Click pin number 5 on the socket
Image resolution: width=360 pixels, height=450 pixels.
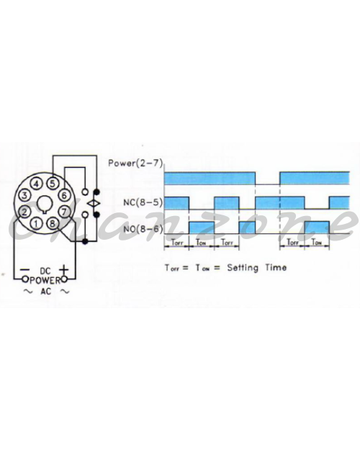[x=53, y=184]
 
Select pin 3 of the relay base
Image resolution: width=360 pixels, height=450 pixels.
[x=24, y=196]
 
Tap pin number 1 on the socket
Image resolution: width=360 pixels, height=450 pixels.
[x=36, y=224]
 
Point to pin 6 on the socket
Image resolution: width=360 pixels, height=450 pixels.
[x=64, y=196]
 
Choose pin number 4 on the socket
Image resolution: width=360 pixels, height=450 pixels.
[x=36, y=184]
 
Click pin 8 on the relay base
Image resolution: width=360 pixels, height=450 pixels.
[x=53, y=224]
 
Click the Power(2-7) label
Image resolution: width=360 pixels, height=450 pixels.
[x=135, y=163]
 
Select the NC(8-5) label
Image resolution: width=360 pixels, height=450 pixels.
[x=143, y=202]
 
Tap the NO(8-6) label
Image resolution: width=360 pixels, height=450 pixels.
[x=143, y=229]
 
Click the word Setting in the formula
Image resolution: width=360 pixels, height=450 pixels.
[x=243, y=268]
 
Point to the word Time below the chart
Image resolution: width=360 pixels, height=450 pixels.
[x=276, y=267]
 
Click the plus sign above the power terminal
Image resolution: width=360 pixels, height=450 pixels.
[x=64, y=270]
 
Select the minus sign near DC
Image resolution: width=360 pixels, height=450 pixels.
[x=24, y=270]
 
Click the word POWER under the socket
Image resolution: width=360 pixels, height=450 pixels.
[x=45, y=280]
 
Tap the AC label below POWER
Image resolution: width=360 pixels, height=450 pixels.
[x=45, y=292]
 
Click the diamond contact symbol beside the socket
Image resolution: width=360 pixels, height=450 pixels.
[x=94, y=204]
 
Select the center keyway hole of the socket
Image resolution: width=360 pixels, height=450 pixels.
[x=45, y=204]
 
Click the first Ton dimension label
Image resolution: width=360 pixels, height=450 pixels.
[x=201, y=243]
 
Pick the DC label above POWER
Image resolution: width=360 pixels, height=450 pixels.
[x=45, y=271]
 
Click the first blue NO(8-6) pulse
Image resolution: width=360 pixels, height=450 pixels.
[x=202, y=228]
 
